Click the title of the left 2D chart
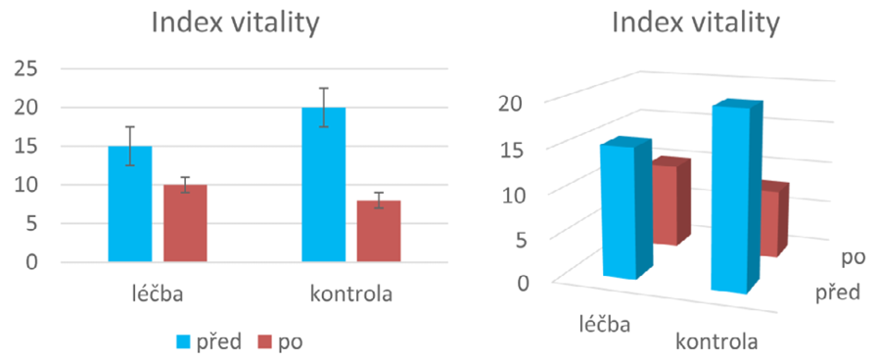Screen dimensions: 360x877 tap(234, 23)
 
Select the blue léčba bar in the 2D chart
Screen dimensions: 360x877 tap(130, 204)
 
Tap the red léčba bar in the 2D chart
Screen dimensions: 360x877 tap(185, 223)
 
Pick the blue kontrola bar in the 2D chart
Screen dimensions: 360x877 tap(323, 185)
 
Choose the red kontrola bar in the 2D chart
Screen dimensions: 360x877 tap(378, 231)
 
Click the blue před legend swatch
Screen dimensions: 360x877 tap(184, 342)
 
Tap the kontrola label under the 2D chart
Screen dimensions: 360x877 tap(350, 293)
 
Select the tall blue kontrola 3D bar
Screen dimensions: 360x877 tap(729, 201)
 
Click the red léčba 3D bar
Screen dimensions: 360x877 tap(670, 205)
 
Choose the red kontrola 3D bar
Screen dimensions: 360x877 tap(771, 222)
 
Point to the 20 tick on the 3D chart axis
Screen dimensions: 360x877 tap(514, 103)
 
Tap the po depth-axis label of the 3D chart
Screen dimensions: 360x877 tap(853, 257)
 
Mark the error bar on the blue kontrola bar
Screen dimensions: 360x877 tap(323, 106)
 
